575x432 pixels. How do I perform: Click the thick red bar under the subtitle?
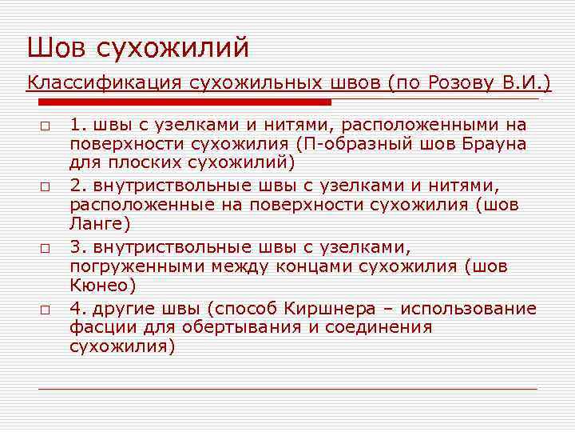point(184,102)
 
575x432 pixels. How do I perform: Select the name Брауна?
point(490,144)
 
